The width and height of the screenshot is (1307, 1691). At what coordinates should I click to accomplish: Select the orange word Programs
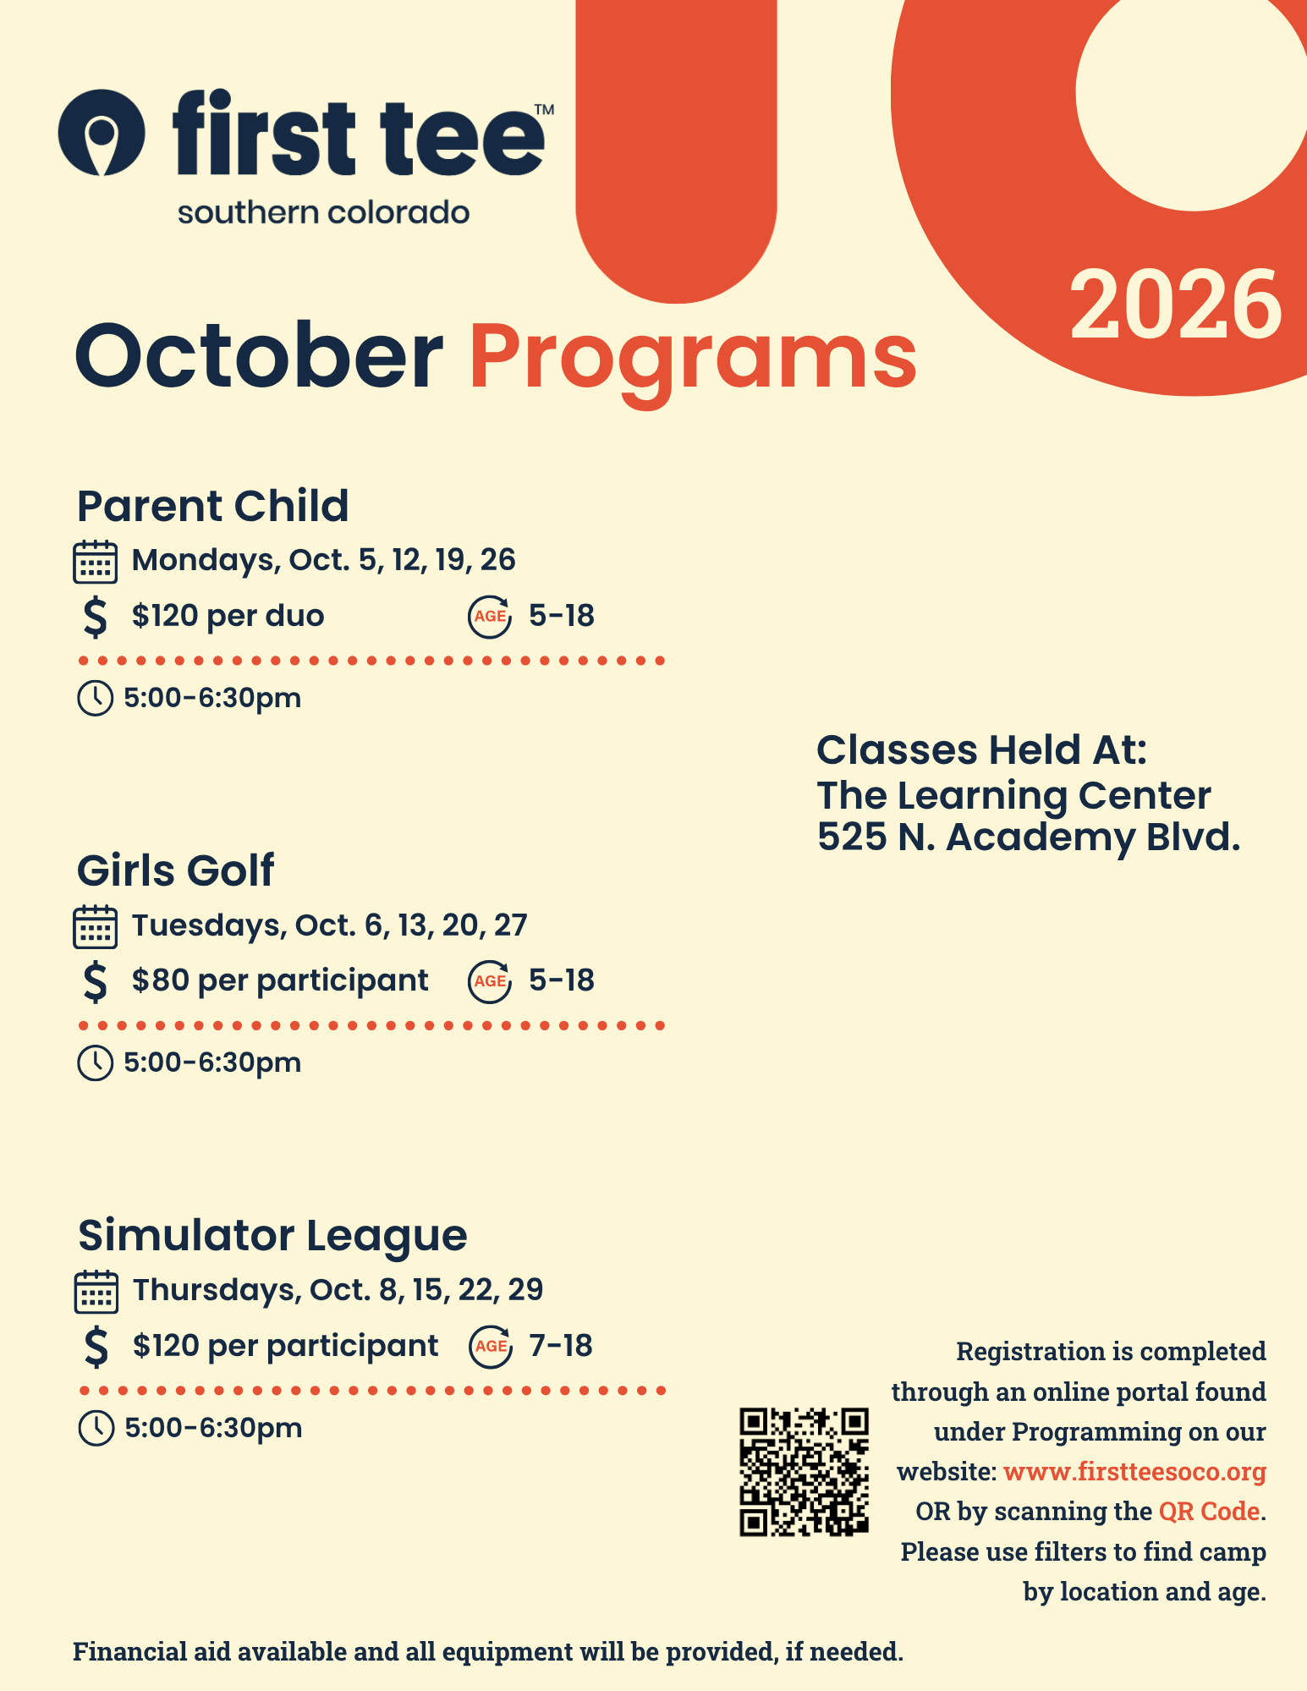693,362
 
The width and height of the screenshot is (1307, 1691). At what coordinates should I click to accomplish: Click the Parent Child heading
212,506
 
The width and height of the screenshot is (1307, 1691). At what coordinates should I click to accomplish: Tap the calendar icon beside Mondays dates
95,562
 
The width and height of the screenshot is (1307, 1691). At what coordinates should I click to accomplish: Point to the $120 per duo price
228,615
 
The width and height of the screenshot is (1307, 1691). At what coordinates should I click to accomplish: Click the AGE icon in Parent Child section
490,617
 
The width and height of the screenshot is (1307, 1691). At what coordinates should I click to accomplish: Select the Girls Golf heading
175,870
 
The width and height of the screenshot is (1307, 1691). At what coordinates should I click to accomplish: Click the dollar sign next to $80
96,981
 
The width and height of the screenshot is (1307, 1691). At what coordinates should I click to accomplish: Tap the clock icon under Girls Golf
95,1063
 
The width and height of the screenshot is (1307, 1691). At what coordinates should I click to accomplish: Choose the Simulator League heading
272,1235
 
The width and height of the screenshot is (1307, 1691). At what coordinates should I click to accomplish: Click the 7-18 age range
561,1345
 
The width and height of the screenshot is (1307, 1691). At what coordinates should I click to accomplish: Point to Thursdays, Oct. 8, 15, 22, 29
338,1289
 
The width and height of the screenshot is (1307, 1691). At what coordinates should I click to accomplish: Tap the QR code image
804,1472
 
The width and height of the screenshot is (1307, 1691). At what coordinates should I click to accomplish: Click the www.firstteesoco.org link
1134,1472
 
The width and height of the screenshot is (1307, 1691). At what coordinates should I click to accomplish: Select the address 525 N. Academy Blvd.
1029,837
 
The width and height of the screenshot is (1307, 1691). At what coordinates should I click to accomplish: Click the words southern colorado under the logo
323,212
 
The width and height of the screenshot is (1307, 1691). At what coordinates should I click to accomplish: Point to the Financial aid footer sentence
488,1651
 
